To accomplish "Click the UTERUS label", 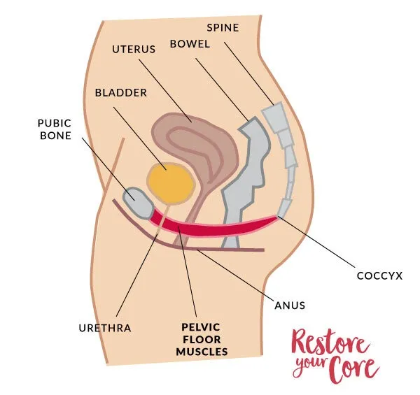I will (134, 50).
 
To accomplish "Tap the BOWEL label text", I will (188, 43).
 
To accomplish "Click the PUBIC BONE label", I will (55, 129).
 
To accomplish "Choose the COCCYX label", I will (379, 275).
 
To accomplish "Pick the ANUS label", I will (290, 305).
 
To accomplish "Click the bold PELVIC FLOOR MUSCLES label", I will (202, 339).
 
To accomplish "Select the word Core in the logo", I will (353, 366).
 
